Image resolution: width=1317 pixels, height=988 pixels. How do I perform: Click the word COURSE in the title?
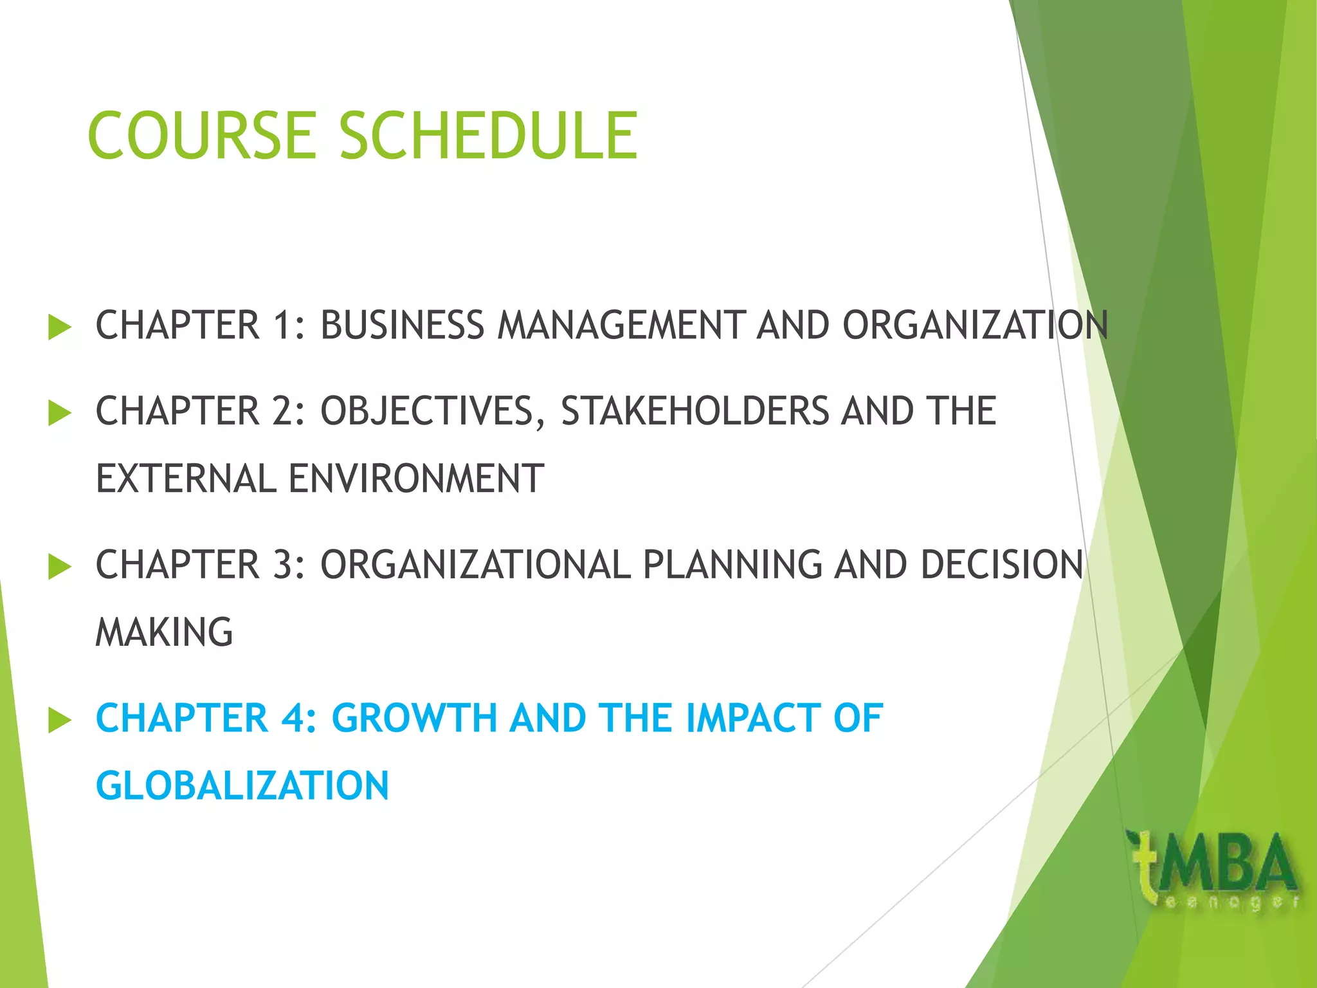click(201, 136)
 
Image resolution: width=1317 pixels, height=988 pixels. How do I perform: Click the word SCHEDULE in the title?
click(489, 136)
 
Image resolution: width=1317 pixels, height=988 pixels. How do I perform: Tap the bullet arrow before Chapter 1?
click(59, 327)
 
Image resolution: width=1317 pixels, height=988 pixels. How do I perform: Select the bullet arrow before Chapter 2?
click(59, 413)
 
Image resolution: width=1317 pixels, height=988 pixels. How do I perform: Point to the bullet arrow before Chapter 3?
click(59, 567)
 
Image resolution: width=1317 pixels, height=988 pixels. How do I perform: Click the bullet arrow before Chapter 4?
click(59, 720)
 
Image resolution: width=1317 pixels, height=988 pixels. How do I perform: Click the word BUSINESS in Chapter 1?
click(402, 325)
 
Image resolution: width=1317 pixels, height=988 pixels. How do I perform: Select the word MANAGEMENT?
click(622, 325)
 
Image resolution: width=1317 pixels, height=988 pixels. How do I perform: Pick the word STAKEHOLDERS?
click(695, 411)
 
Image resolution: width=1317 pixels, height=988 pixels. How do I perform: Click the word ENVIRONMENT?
click(416, 479)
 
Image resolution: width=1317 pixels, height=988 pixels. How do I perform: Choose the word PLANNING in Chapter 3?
click(732, 565)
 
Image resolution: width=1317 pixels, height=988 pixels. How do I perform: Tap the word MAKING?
click(164, 632)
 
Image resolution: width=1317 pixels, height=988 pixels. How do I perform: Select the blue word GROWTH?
click(414, 718)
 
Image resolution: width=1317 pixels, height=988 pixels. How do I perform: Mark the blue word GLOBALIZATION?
click(242, 786)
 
